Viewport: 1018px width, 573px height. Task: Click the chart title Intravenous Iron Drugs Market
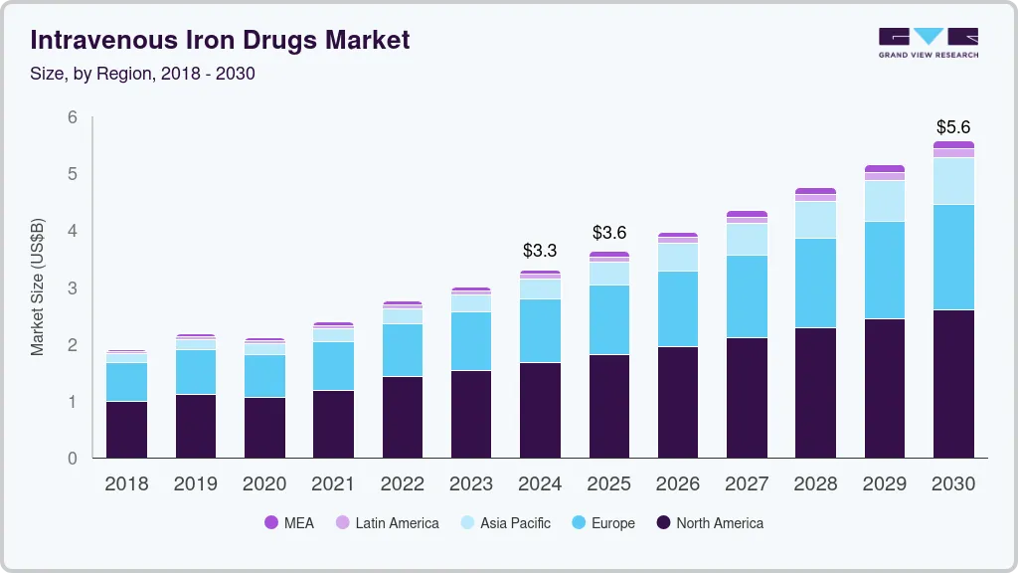[219, 40]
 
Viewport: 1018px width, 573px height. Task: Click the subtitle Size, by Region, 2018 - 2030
[143, 74]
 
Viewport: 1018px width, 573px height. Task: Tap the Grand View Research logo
[928, 42]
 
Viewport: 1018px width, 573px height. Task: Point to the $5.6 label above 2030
[953, 127]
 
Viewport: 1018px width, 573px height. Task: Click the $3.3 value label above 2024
[540, 250]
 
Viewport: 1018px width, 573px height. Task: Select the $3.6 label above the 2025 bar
[608, 232]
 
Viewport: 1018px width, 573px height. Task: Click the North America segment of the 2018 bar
[126, 430]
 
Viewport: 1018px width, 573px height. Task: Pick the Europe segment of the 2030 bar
[953, 257]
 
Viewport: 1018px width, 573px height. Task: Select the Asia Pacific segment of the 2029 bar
[884, 201]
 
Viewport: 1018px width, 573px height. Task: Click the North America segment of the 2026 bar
[677, 403]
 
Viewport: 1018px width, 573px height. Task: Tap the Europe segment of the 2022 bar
[403, 350]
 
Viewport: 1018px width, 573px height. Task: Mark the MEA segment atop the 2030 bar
[953, 145]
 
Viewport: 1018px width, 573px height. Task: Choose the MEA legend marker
[271, 522]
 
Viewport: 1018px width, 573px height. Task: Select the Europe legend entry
[602, 522]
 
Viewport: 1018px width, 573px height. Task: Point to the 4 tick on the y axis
[72, 231]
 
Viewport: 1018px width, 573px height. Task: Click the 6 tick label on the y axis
[72, 117]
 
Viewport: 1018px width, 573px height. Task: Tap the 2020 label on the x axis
[264, 484]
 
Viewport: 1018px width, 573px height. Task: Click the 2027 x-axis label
[747, 484]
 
